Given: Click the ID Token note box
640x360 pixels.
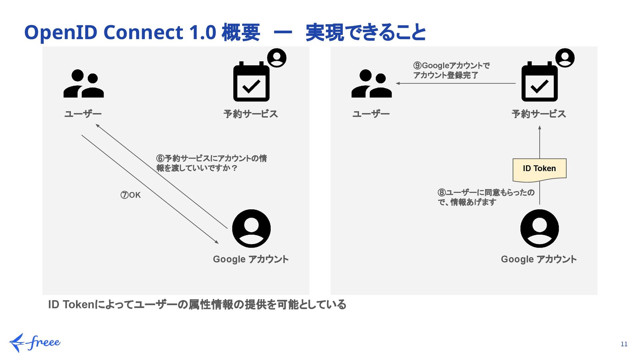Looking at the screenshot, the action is coord(539,169).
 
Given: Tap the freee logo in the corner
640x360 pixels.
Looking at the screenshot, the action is coord(35,343).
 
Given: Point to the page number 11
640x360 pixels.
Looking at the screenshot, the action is coord(624,344).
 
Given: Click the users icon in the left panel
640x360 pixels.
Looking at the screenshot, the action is coord(83,84).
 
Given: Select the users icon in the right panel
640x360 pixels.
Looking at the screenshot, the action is coord(371,84).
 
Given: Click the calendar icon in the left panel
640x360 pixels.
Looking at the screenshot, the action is coord(251,82).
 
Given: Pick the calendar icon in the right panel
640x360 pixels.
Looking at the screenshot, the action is coord(539,82).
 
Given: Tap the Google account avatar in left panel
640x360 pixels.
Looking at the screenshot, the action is coord(251,229).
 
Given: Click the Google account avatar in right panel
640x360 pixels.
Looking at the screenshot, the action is coord(539,229).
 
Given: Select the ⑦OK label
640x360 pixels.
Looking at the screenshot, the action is coord(130,195).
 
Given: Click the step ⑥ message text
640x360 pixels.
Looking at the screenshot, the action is coord(211,163).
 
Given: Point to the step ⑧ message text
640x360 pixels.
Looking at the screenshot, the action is coord(486,197).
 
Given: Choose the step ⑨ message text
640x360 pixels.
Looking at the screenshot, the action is coord(451,70).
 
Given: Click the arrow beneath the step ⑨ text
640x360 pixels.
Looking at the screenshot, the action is coord(455,83).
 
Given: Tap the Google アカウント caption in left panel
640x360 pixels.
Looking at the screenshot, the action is coord(251,259).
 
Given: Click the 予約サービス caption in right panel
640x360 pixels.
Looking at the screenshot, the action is coord(539,114).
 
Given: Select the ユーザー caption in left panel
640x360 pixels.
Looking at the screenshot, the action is coord(83,114).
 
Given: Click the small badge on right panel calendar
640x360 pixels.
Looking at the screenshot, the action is coord(565,58).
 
